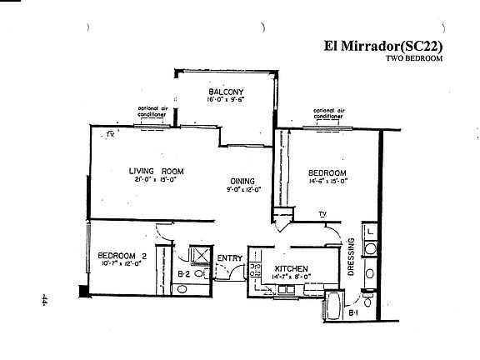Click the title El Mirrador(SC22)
point(380,47)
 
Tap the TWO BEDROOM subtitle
point(413,59)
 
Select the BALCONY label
point(225,91)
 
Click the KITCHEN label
point(292,269)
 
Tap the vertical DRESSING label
point(351,258)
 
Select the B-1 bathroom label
point(352,312)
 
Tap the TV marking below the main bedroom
point(322,214)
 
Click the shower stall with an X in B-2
point(199,255)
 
